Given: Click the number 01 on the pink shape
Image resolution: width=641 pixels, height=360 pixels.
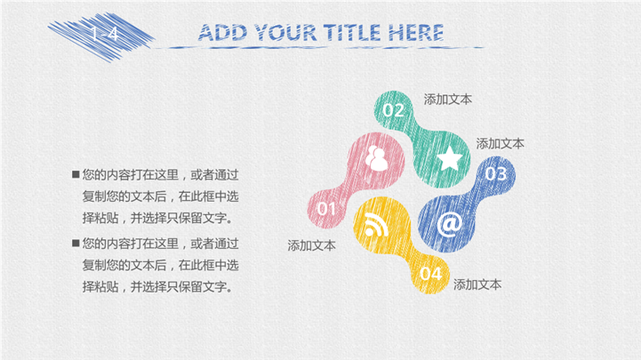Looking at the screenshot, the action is [326, 209].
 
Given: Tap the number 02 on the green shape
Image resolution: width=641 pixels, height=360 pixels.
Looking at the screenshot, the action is [394, 110].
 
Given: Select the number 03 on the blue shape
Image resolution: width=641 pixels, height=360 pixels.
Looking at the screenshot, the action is [496, 174].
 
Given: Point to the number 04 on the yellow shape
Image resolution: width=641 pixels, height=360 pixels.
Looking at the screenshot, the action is [431, 274].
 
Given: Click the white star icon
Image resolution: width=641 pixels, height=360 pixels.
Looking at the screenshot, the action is [450, 158].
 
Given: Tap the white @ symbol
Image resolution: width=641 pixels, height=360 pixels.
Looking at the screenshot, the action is [450, 224].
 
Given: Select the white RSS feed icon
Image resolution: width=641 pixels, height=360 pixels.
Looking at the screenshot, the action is [376, 225].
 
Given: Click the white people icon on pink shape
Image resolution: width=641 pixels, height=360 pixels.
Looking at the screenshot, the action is [376, 158].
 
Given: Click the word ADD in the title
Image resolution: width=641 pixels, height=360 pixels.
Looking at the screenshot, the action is [222, 33].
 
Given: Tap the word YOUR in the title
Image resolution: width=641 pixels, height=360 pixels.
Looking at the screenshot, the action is [285, 33].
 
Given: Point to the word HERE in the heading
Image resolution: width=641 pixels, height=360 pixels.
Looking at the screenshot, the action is [416, 33].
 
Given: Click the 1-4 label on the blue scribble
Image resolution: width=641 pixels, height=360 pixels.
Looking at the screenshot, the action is [105, 34].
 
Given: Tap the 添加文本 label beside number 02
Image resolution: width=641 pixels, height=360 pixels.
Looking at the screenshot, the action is [448, 100].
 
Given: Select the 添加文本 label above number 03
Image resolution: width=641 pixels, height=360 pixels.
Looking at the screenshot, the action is [500, 143].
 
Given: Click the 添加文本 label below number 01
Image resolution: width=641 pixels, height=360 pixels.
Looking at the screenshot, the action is [311, 245].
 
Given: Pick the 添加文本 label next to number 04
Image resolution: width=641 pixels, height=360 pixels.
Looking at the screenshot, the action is [477, 284].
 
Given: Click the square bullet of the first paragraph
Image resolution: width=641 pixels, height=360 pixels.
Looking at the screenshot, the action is [76, 174].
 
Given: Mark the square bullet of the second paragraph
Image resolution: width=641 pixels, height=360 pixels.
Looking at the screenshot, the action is [76, 244].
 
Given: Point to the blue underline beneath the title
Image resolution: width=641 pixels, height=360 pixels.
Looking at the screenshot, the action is [319, 48].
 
